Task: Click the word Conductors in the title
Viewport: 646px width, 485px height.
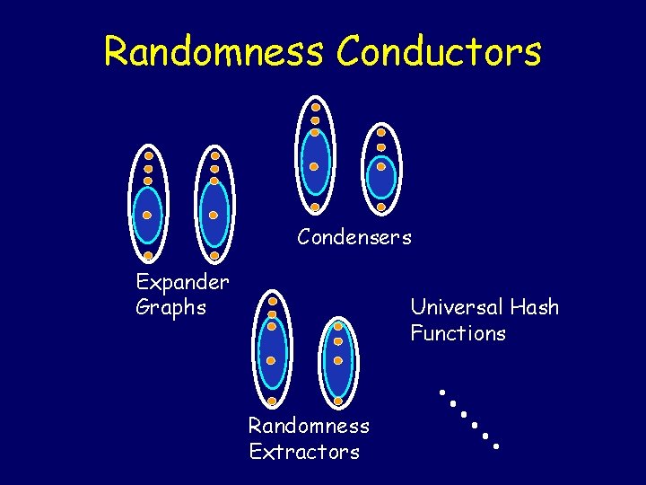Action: [439, 51]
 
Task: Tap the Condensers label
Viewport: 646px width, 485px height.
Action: [354, 238]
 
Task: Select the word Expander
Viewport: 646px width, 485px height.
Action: [182, 282]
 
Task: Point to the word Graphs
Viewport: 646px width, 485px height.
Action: [170, 307]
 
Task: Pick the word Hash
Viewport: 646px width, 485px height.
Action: [537, 307]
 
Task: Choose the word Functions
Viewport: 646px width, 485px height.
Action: [458, 333]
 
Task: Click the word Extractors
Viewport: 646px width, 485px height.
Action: [304, 451]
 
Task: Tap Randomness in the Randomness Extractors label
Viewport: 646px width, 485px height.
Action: [309, 425]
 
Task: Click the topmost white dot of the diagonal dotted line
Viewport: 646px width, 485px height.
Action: [442, 392]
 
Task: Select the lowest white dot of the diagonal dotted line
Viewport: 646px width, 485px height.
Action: [496, 445]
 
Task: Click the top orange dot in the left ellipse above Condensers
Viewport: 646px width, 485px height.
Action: [316, 107]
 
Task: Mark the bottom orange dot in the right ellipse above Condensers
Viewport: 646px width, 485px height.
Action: [381, 207]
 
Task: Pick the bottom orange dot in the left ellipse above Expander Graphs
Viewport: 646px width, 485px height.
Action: [147, 256]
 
